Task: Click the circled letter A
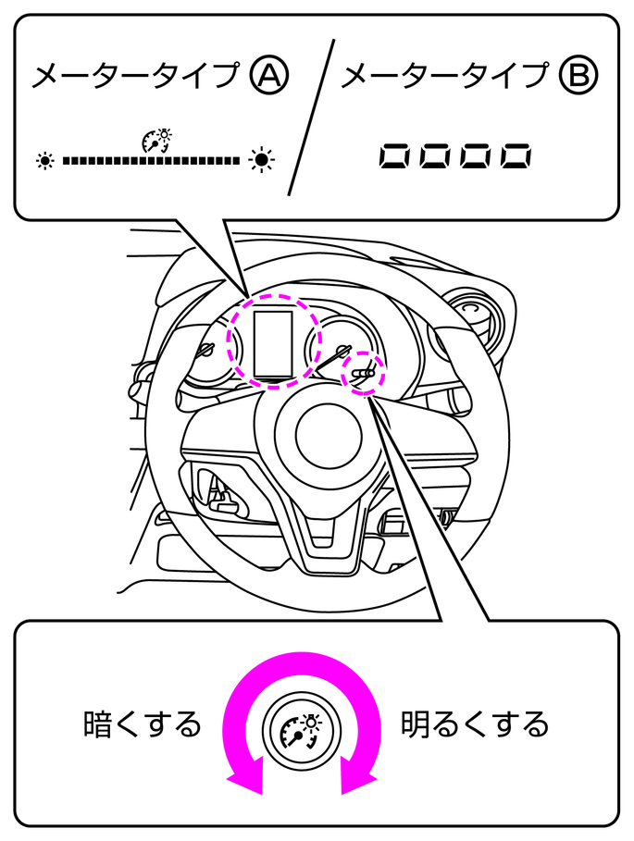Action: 269,76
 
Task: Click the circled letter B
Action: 578,76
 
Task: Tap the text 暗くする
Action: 143,724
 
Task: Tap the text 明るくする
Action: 475,724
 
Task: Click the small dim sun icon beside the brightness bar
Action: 45,160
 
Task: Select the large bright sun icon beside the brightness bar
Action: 262,159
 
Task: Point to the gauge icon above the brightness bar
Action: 157,141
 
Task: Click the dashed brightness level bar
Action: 151,160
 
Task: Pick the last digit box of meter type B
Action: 516,156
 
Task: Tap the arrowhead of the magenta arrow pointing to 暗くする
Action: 245,775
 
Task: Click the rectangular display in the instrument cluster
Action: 274,343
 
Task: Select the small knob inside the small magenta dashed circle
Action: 363,373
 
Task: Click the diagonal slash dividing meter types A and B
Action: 312,117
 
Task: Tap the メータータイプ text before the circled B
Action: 444,76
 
